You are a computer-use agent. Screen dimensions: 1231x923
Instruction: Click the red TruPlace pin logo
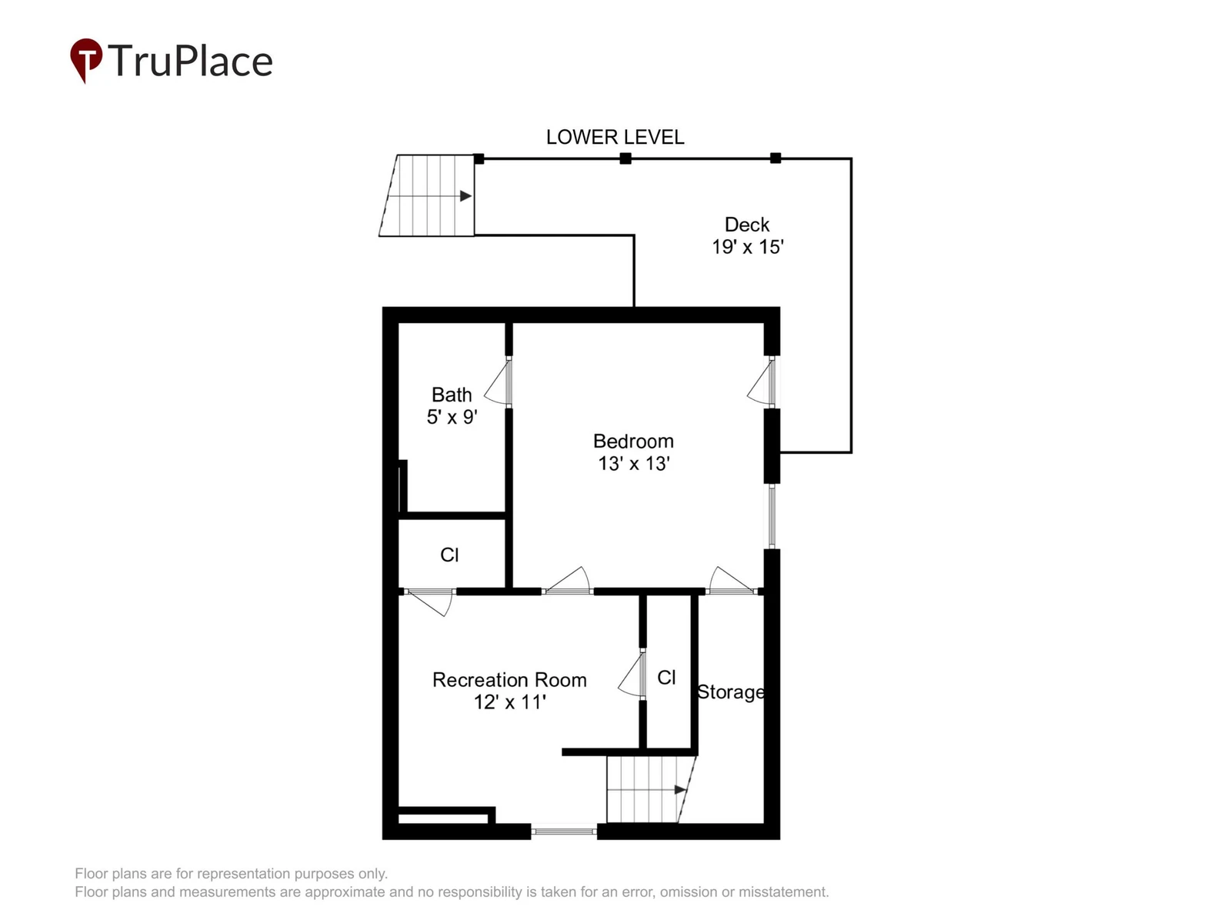pyautogui.click(x=86, y=59)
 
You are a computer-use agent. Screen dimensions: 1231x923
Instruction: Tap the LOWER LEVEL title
pyautogui.click(x=615, y=138)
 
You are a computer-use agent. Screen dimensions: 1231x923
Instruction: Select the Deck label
pyautogui.click(x=746, y=225)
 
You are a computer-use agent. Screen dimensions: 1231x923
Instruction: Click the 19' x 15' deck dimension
pyautogui.click(x=748, y=247)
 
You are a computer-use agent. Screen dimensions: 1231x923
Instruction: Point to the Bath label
pyautogui.click(x=452, y=395)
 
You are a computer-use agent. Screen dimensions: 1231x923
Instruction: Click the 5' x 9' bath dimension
pyautogui.click(x=452, y=418)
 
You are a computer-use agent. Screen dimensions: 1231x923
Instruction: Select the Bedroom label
pyautogui.click(x=633, y=442)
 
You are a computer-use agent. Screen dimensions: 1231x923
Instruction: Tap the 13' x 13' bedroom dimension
pyautogui.click(x=634, y=464)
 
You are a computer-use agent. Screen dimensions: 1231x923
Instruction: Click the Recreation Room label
pyautogui.click(x=509, y=681)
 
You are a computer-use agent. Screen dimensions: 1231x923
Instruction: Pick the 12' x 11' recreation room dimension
pyautogui.click(x=510, y=702)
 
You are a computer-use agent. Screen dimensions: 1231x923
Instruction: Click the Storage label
pyautogui.click(x=730, y=693)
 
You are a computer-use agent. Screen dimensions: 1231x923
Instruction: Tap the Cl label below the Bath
pyautogui.click(x=449, y=555)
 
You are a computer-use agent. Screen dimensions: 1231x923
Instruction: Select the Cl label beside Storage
pyautogui.click(x=666, y=678)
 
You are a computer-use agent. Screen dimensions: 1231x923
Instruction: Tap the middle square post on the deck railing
pyautogui.click(x=626, y=158)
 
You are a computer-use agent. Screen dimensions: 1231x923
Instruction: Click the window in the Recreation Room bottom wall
pyautogui.click(x=564, y=831)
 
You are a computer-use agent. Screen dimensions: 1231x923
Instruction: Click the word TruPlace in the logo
pyautogui.click(x=190, y=61)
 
